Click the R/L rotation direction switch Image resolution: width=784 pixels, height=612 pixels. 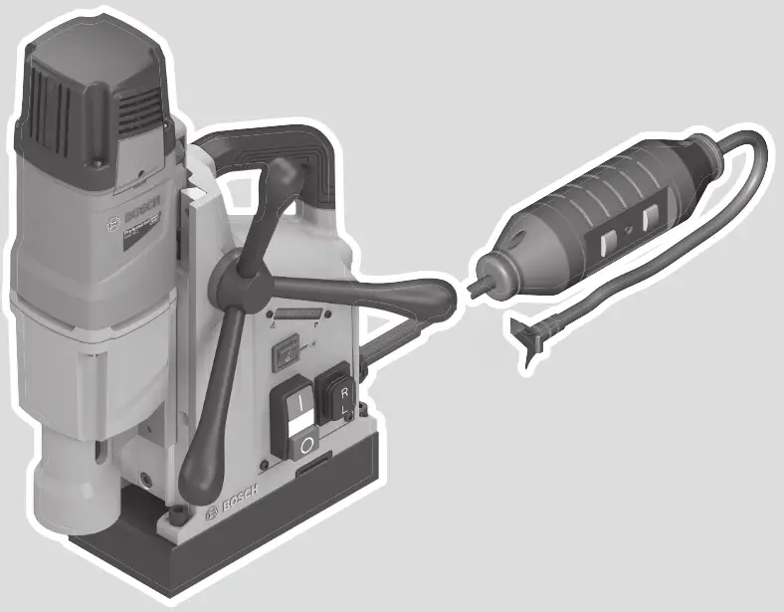332,397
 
